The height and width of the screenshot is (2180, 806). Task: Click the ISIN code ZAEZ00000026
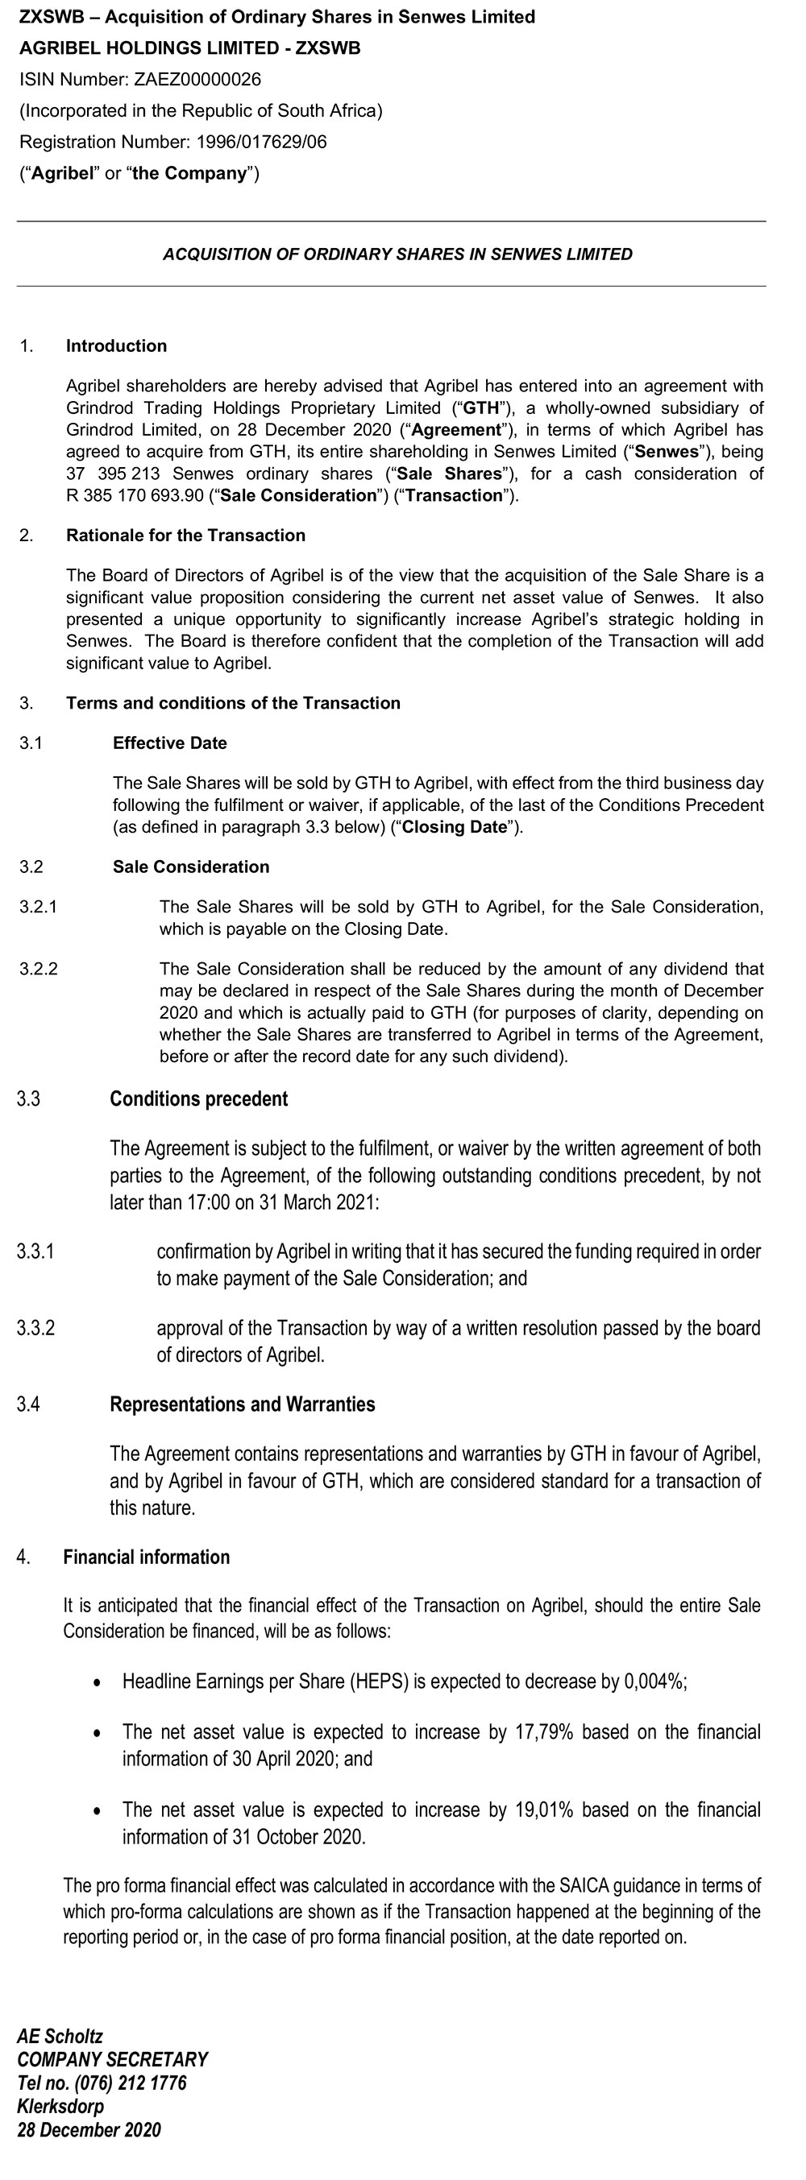pos(197,80)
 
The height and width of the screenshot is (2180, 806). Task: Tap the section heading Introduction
pos(116,346)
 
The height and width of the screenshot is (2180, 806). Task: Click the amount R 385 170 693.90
pos(135,496)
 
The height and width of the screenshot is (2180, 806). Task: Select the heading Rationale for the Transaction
pos(185,536)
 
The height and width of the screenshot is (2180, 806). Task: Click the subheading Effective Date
pos(169,743)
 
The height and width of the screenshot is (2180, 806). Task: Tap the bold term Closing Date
pos(454,827)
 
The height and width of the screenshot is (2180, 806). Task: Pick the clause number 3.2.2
pos(39,969)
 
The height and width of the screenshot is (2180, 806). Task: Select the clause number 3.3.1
pos(35,1251)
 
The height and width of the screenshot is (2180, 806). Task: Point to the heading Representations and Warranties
pos(242,1404)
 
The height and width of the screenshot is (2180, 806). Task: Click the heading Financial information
pos(147,1557)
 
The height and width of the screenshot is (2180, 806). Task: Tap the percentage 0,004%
pos(654,1682)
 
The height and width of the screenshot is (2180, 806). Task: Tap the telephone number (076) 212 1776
pos(131,2083)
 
